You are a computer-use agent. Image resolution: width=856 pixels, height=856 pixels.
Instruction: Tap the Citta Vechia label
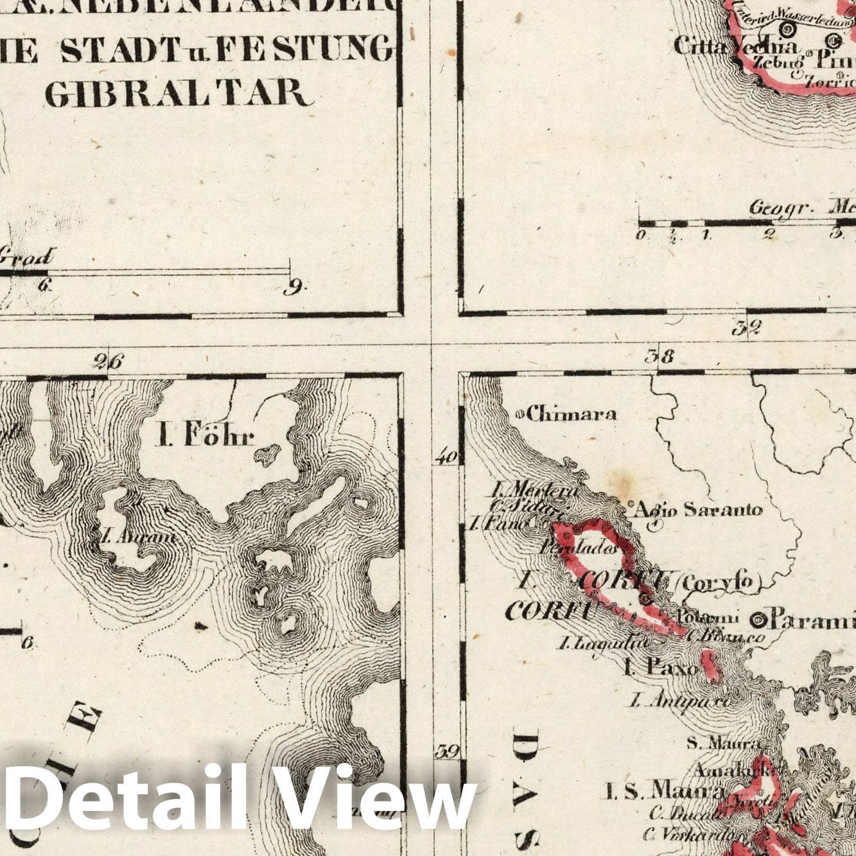click(736, 46)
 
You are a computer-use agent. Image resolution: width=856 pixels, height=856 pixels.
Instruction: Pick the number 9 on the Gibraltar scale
click(294, 289)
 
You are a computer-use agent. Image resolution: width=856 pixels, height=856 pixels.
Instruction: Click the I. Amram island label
click(138, 536)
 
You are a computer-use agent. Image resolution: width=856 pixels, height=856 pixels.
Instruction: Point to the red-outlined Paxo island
click(710, 666)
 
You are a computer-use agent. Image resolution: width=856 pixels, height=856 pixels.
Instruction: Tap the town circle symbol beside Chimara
click(520, 414)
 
